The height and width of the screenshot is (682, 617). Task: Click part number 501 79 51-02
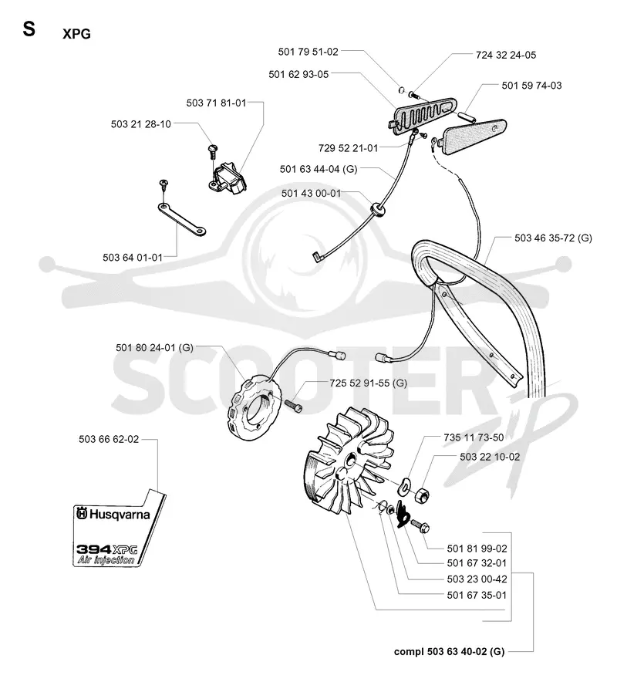(x=308, y=52)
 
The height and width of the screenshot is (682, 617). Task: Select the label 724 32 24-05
(x=506, y=55)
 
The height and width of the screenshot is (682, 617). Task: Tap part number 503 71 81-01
(x=216, y=103)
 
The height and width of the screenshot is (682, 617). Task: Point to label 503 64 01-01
(x=133, y=258)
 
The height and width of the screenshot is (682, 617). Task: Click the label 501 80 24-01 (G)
(x=154, y=347)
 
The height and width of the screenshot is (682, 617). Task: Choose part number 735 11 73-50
(x=474, y=437)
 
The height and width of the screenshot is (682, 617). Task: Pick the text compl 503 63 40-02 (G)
(x=449, y=651)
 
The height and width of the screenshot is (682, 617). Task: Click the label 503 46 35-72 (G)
(x=553, y=238)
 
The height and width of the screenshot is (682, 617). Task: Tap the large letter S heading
(x=29, y=29)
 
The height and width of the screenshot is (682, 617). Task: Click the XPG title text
(x=76, y=34)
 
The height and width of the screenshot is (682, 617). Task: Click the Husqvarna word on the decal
(x=119, y=515)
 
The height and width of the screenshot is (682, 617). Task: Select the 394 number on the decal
(x=93, y=549)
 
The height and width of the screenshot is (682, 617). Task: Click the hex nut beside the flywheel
(x=422, y=495)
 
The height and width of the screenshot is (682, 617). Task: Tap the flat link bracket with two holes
(x=181, y=221)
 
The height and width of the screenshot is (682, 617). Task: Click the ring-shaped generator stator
(x=255, y=409)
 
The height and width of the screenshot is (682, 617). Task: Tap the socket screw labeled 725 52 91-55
(x=294, y=406)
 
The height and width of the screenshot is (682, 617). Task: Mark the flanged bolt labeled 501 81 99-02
(x=419, y=525)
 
